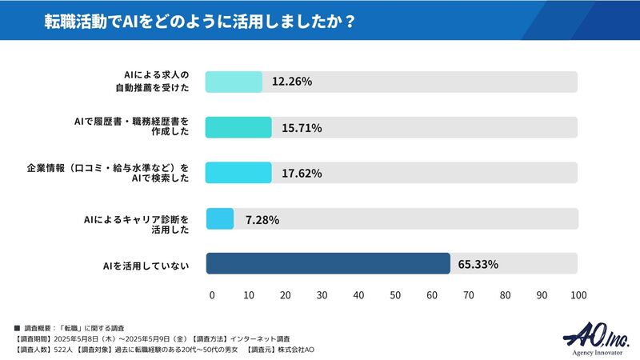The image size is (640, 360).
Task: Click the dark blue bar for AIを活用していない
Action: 328,264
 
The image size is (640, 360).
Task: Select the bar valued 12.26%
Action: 234,82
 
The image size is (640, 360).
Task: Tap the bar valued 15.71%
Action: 238,127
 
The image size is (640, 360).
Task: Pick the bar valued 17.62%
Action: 238,173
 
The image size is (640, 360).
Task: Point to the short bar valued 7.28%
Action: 220,219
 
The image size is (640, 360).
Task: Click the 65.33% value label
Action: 478,264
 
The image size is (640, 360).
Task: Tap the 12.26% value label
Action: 291,82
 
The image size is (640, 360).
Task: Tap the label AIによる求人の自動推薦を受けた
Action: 151,82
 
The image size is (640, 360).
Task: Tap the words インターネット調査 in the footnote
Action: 258,339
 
